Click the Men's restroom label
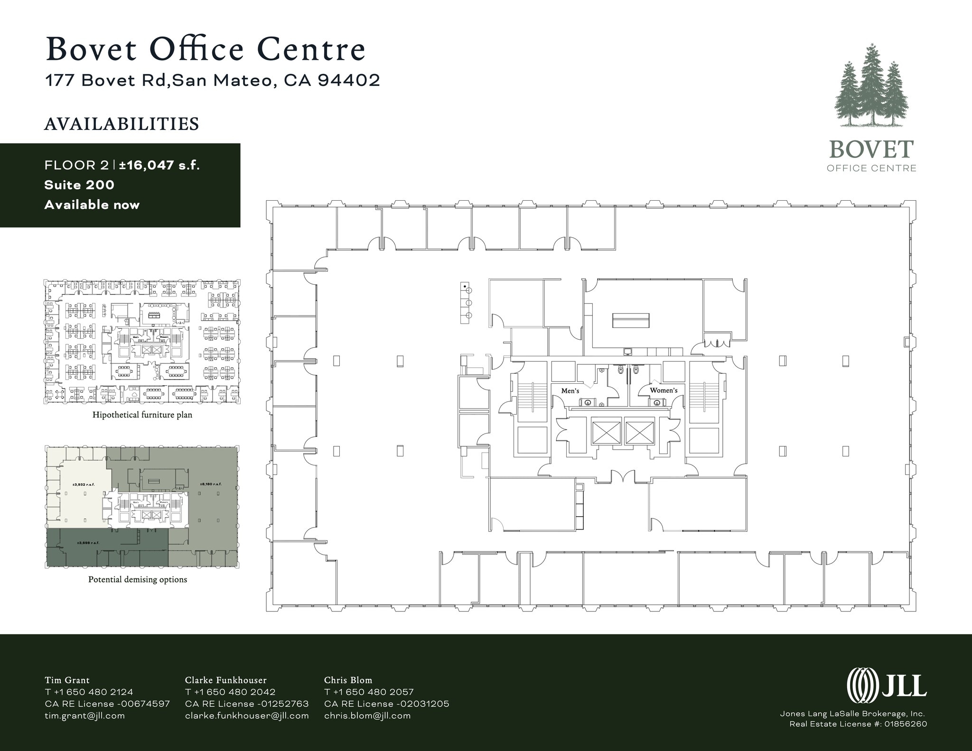570,390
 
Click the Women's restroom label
664,390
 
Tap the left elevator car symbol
606,431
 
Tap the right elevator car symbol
639,431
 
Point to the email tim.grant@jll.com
85,715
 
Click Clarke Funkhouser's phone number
230,692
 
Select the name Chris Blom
348,680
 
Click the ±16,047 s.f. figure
159,165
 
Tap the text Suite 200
79,185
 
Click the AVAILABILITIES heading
121,124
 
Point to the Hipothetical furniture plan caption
142,415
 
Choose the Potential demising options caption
138,579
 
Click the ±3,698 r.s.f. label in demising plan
88,542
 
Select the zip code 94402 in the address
349,80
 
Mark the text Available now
92,205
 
